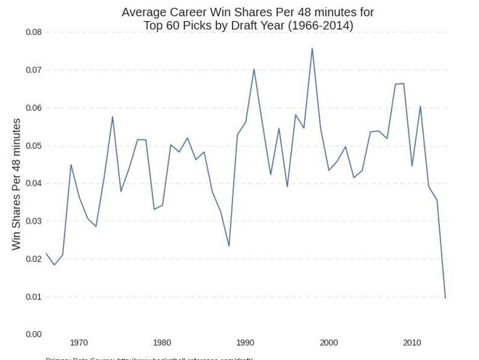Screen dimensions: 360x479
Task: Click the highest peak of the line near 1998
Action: point(312,49)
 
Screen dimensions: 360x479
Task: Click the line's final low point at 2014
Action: point(445,298)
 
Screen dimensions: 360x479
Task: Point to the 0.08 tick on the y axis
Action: point(34,33)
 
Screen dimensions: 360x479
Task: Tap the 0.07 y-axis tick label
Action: point(34,70)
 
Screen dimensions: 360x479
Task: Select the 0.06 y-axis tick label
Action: point(34,108)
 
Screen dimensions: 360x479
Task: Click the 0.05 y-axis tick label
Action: point(34,146)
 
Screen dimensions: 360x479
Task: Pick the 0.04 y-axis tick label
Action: point(34,184)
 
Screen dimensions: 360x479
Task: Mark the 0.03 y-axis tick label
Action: point(34,221)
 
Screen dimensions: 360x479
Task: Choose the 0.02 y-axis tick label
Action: point(34,259)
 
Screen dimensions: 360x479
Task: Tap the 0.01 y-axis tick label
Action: point(34,297)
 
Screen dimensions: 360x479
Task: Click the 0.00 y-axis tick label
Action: point(34,335)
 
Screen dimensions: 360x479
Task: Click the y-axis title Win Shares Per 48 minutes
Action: point(17,184)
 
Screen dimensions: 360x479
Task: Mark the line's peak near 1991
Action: point(254,69)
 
